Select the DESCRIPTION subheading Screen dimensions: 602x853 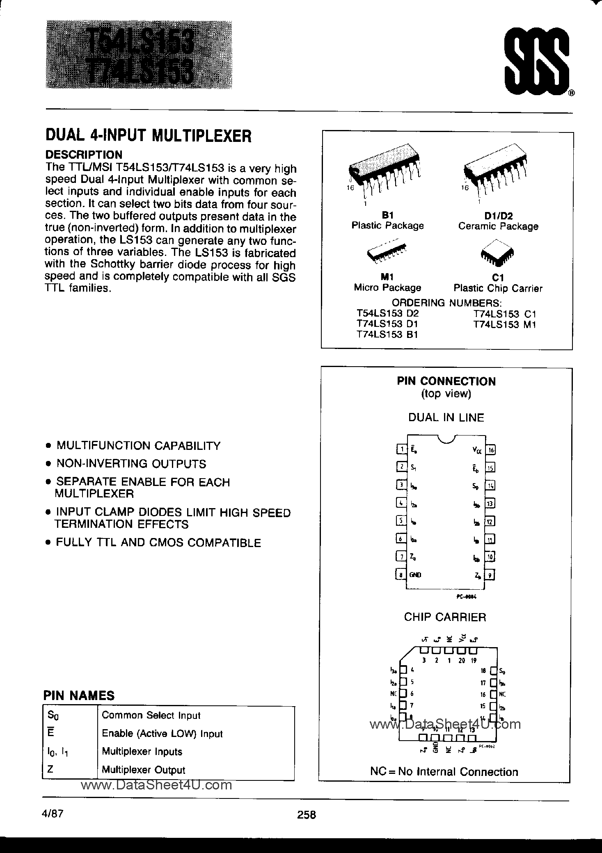pos(84,155)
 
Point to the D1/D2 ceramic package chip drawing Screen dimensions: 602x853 pos(497,170)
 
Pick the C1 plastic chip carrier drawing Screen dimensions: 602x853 pos(497,255)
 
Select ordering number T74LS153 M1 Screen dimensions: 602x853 pos(505,324)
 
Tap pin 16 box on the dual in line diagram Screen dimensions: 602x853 pos(490,450)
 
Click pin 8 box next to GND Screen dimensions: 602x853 pos(401,575)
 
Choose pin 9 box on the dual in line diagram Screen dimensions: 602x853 pos(490,575)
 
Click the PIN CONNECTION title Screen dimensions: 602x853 pos(446,381)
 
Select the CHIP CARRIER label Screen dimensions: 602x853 pos(445,617)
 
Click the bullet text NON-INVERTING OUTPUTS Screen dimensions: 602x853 pos(131,464)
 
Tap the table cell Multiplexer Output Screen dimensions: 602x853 pos(143,770)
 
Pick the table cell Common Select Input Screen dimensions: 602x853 pos(151,715)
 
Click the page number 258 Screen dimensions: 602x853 pos(307,815)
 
